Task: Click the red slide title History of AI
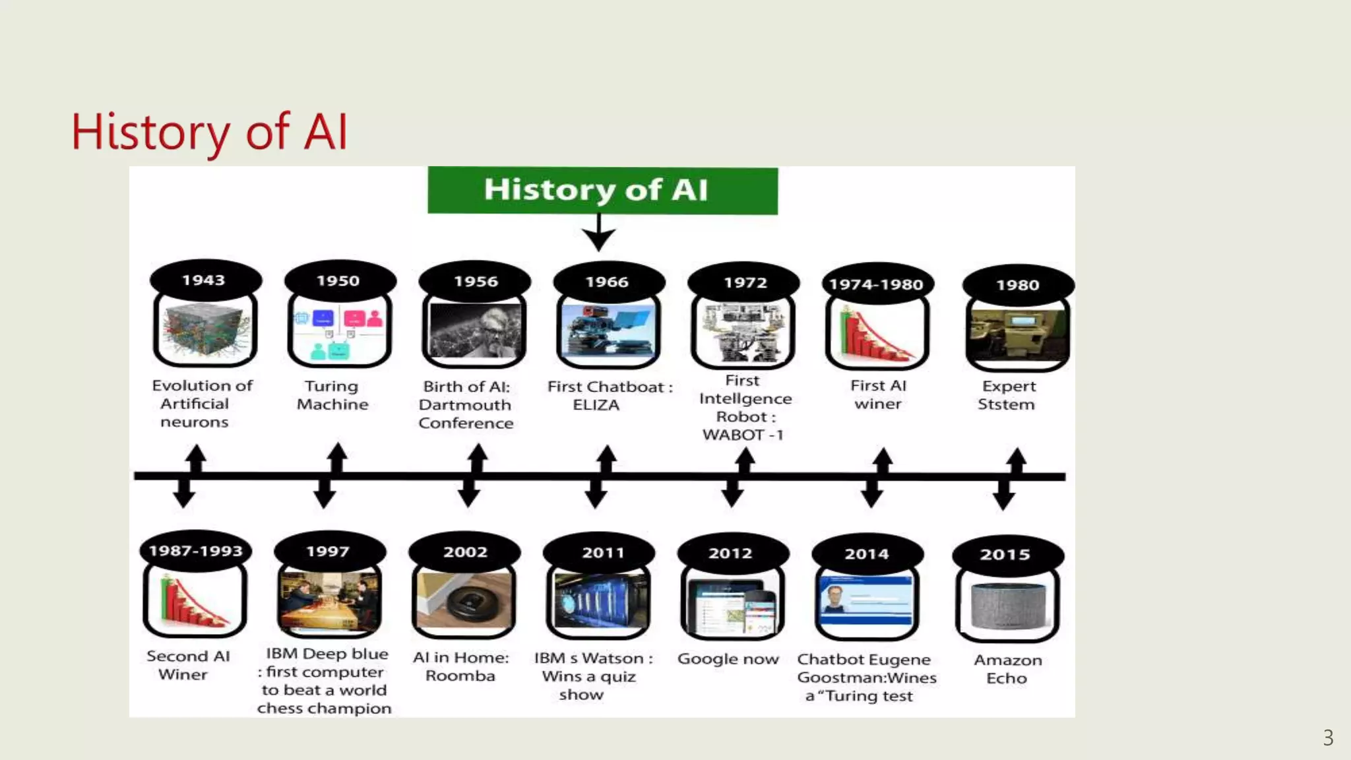click(209, 132)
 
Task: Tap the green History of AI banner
click(602, 190)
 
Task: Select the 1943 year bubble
click(205, 280)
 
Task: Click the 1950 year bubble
click(339, 281)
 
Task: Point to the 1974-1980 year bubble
click(877, 284)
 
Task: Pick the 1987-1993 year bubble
click(196, 551)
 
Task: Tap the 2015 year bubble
click(1006, 555)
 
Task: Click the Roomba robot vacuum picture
click(465, 600)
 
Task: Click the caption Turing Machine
click(332, 395)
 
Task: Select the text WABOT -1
click(743, 435)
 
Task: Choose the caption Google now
click(728, 659)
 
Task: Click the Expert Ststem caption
click(1007, 395)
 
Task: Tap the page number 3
click(1328, 738)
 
